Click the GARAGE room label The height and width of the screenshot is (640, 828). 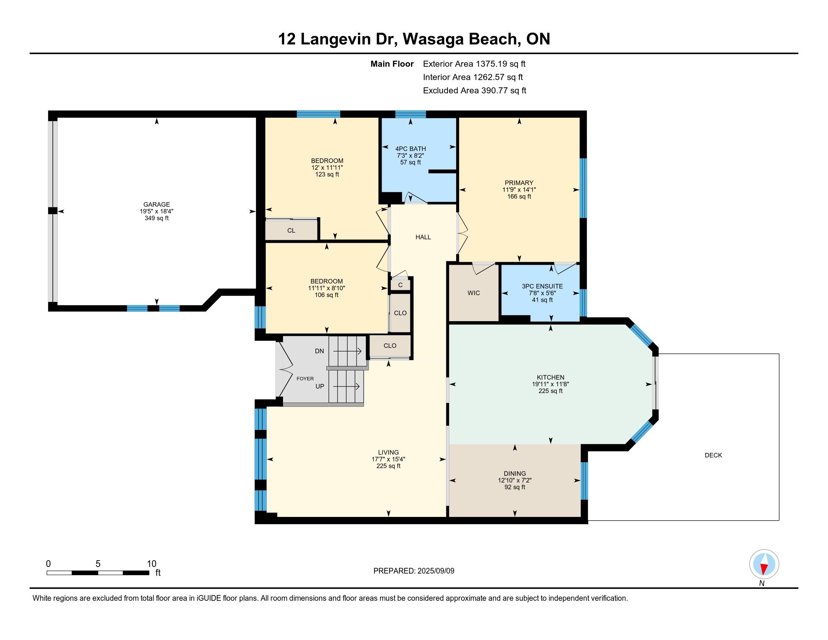click(157, 204)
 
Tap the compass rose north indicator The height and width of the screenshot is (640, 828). click(764, 564)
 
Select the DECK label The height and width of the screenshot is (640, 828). click(713, 456)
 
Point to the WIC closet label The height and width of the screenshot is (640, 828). click(473, 293)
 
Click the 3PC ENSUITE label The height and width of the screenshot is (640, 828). click(542, 286)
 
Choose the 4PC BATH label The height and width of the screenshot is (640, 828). click(411, 149)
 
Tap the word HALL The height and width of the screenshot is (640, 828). click(423, 237)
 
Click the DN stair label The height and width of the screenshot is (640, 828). click(319, 351)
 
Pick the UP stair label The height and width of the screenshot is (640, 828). click(320, 386)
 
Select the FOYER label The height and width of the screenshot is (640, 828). click(305, 378)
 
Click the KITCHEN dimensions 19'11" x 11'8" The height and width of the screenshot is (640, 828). click(551, 384)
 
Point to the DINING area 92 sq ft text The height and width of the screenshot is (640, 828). click(514, 487)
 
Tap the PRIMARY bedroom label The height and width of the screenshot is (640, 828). click(519, 183)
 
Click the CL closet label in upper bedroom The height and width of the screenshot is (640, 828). click(291, 230)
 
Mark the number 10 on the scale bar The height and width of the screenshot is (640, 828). click(151, 564)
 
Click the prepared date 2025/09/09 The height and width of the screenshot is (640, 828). click(435, 571)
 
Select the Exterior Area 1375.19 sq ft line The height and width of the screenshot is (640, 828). click(474, 64)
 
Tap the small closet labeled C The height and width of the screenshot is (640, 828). click(400, 285)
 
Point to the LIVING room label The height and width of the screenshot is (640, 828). click(388, 452)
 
